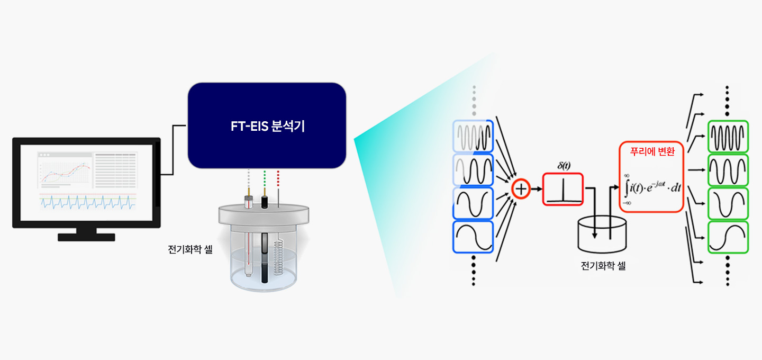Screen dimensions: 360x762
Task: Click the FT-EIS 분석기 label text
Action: (267, 127)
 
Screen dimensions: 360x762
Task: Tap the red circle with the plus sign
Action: (521, 189)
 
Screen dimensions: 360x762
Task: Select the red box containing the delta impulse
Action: (562, 189)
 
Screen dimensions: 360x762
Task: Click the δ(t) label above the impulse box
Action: (563, 166)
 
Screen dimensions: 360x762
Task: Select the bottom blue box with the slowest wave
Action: (473, 237)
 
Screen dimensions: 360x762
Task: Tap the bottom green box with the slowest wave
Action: (728, 237)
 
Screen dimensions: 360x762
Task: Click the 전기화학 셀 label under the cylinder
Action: (603, 266)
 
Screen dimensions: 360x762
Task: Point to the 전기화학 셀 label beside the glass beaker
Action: (190, 249)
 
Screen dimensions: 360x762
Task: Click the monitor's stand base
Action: (86, 237)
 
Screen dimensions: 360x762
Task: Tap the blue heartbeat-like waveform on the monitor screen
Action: (86, 202)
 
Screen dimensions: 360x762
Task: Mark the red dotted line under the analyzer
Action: (278, 183)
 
